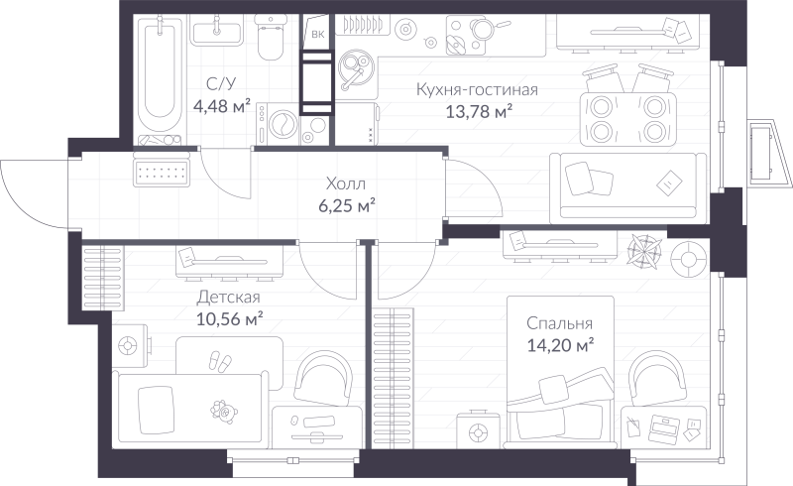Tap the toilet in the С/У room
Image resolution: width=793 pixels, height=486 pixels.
(269, 40)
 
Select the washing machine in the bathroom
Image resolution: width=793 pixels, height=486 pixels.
(281, 126)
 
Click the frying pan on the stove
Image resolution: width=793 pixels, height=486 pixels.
(460, 42)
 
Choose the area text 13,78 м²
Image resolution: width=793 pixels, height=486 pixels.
(479, 111)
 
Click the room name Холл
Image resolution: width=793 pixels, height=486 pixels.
(345, 184)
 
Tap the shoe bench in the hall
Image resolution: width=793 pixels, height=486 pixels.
(161, 173)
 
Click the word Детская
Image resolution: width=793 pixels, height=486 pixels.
(228, 298)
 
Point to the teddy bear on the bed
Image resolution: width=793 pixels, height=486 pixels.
(219, 408)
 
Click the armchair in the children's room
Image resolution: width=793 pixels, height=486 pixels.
(323, 381)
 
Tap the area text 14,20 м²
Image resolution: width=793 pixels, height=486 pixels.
(561, 345)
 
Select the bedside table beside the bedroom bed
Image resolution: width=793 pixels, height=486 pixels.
(479, 432)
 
